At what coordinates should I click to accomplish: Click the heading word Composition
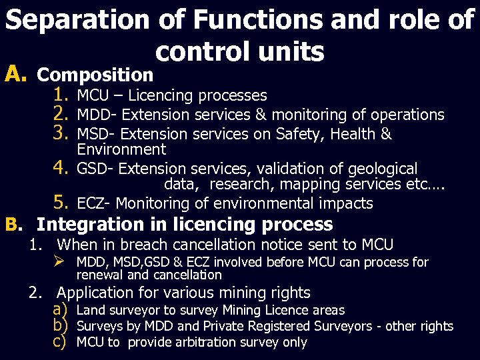(x=95, y=73)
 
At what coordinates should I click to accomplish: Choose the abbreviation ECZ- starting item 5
(x=94, y=203)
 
